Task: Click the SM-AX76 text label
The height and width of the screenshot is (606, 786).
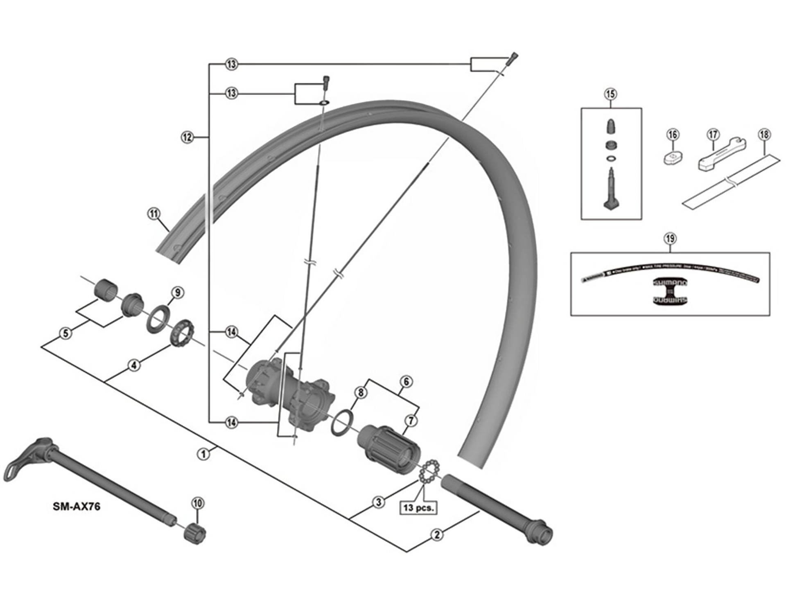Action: [x=77, y=507]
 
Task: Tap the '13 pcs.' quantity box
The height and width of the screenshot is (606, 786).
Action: [x=418, y=508]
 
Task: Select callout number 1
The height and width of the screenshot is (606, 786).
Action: [x=203, y=453]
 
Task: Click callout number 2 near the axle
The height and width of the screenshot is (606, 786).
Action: [x=437, y=534]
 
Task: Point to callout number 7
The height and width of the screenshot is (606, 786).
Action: [x=411, y=421]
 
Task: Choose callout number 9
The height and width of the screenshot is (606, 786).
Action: [x=177, y=293]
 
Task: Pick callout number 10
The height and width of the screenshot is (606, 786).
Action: [x=198, y=503]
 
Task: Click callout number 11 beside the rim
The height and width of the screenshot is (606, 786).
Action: [x=154, y=214]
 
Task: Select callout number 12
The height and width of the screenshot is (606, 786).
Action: [x=187, y=137]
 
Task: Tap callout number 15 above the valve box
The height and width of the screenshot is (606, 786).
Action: [x=610, y=94]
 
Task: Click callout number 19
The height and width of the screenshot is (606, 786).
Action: [x=670, y=239]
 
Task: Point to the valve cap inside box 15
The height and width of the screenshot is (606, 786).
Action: [x=610, y=125]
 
